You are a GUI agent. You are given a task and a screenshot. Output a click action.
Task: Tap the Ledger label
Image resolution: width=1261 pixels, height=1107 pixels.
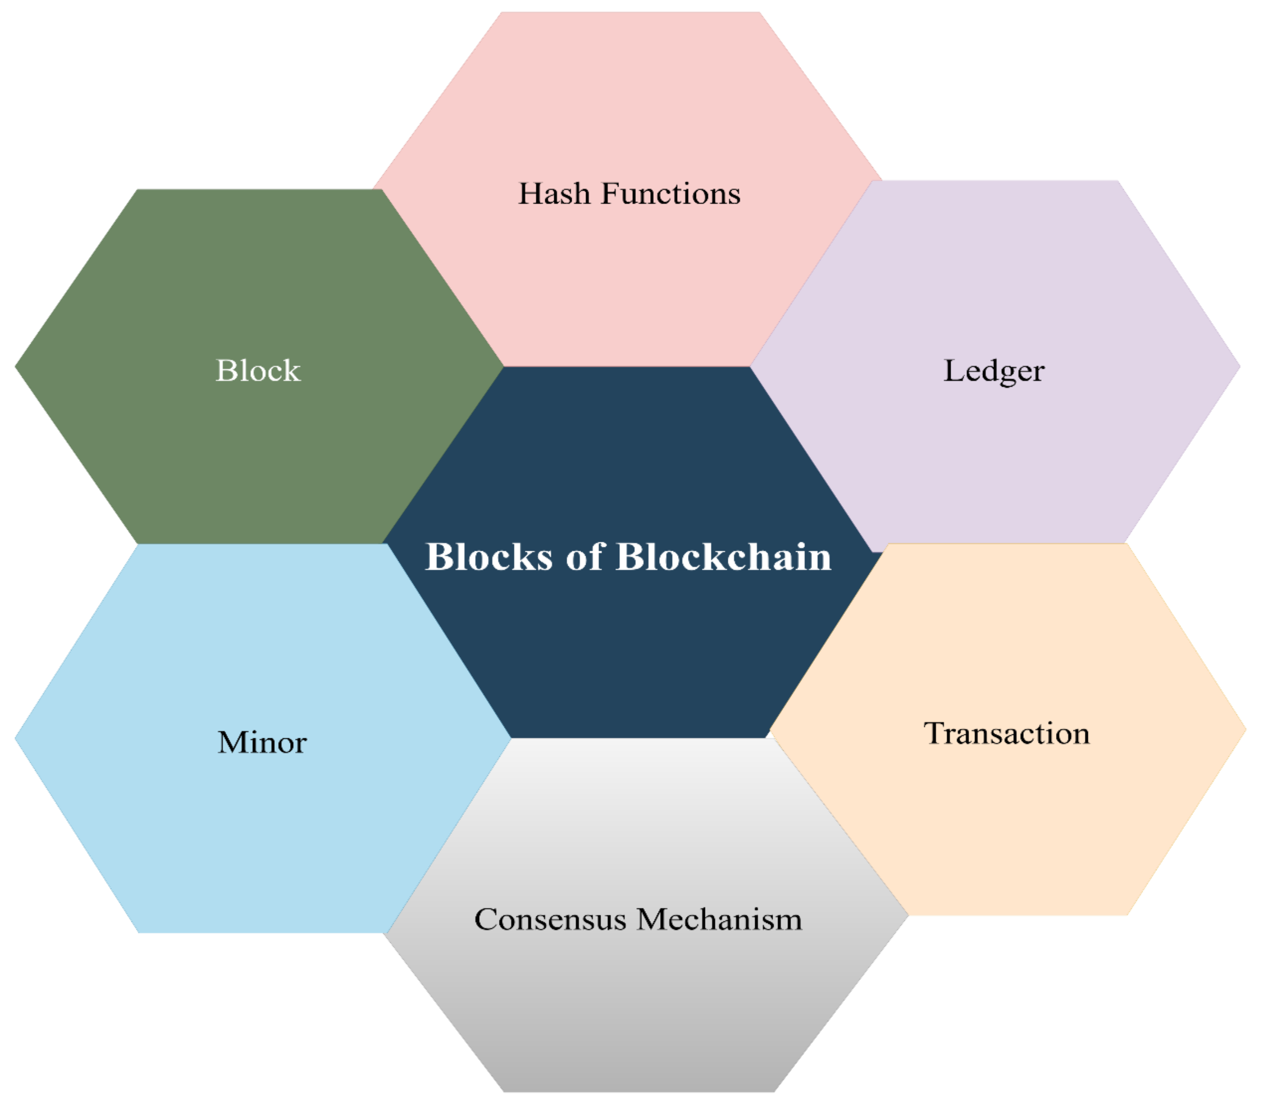pos(994,371)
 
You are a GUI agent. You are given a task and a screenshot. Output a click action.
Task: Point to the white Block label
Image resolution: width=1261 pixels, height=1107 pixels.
pos(258,371)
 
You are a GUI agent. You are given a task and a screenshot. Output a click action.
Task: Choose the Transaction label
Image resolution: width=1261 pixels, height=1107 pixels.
pos(1006,734)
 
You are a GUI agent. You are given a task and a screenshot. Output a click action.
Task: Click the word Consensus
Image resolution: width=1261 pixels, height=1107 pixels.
pos(550,920)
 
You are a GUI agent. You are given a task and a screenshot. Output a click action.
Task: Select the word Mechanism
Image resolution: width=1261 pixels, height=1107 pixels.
pos(719,920)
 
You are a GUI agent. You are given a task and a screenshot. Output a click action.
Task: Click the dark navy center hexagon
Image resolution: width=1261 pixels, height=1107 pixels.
pos(629,648)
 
